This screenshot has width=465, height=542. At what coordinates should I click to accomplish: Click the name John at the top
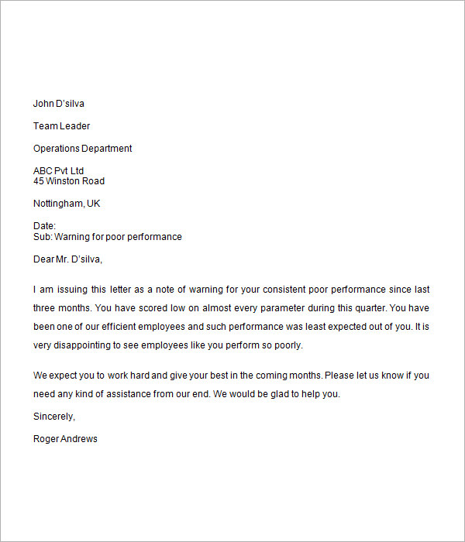point(43,104)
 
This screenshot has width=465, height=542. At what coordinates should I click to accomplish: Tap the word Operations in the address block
point(57,149)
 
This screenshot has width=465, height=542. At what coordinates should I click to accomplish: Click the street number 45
point(39,181)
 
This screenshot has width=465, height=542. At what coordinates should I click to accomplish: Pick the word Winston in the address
point(63,181)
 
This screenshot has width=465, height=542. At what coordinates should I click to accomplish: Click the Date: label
point(45,226)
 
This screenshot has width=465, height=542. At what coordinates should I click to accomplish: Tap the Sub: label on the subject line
point(42,237)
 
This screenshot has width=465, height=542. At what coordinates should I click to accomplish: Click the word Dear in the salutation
point(44,259)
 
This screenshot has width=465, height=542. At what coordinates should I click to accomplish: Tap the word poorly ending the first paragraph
point(287,345)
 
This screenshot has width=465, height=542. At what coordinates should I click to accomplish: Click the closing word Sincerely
point(54,417)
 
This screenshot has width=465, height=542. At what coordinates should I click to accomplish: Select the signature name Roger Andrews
point(65,439)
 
